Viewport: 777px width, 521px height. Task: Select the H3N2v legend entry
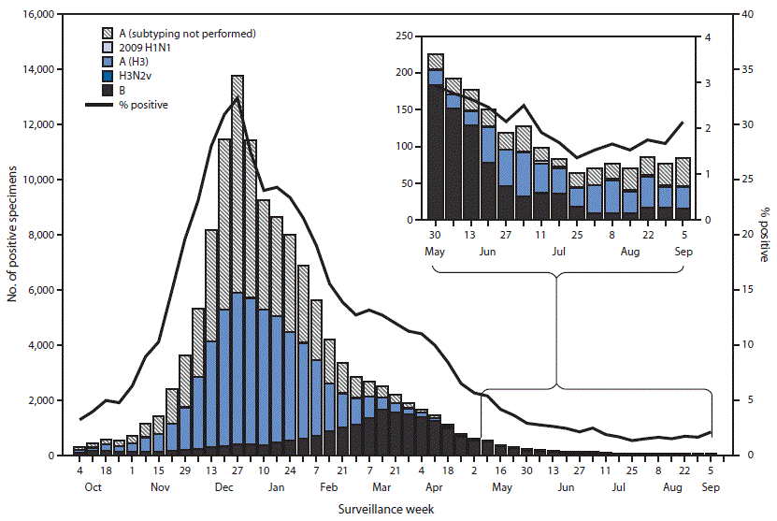click(133, 76)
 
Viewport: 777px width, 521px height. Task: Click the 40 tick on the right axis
click(737, 15)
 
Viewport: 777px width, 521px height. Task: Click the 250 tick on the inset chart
click(405, 36)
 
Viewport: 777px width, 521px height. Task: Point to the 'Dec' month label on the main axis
click(223, 487)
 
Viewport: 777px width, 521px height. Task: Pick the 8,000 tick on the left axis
click(42, 235)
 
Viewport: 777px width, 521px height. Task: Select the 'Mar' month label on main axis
click(381, 487)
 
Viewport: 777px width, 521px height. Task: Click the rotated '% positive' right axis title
click(764, 234)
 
